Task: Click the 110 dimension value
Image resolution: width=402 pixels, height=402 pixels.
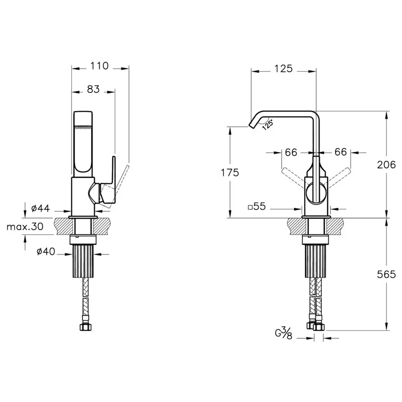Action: point(99,66)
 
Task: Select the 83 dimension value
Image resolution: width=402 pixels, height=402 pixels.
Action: point(93,89)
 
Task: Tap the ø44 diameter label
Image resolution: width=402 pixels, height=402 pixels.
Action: point(41,208)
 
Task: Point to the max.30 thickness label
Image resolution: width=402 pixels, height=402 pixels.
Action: point(25,227)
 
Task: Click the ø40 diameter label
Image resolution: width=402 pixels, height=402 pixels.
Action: point(46,252)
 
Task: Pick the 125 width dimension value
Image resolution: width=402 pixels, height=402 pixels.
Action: point(284,69)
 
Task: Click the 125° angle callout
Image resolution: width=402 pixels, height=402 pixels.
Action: point(268,125)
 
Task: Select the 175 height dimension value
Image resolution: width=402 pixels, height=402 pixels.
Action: point(230,172)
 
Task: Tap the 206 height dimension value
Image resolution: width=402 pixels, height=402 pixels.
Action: point(386,164)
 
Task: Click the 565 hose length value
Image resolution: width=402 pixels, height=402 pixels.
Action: point(386,274)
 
